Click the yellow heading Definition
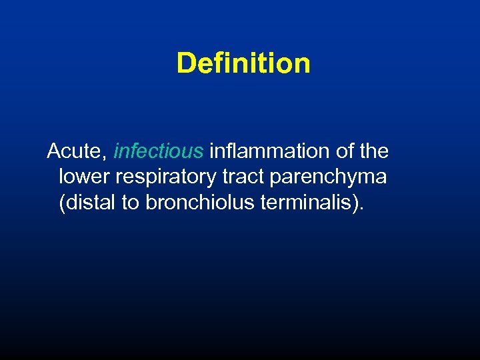243,63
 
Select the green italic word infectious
159,151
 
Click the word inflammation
270,151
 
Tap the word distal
89,203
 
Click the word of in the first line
345,151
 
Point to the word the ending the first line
373,151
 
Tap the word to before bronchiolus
130,203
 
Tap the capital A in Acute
54,151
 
